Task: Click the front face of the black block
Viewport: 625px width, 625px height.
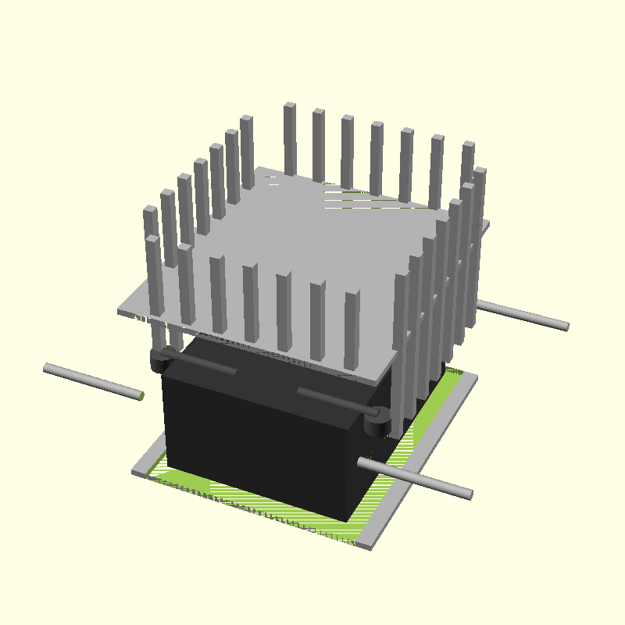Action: point(258,437)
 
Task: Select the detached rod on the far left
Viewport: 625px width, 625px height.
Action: point(92,381)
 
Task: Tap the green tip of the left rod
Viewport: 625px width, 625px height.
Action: point(142,396)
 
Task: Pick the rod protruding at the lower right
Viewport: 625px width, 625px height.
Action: point(414,477)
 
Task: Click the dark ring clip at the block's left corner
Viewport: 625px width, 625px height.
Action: point(159,361)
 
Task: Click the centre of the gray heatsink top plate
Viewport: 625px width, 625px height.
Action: point(305,258)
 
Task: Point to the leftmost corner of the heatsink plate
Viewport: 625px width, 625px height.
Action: point(120,312)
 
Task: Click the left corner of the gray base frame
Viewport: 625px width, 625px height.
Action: point(136,472)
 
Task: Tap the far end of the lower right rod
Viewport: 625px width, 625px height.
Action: point(469,494)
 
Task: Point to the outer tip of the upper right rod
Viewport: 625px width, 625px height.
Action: point(566,326)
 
